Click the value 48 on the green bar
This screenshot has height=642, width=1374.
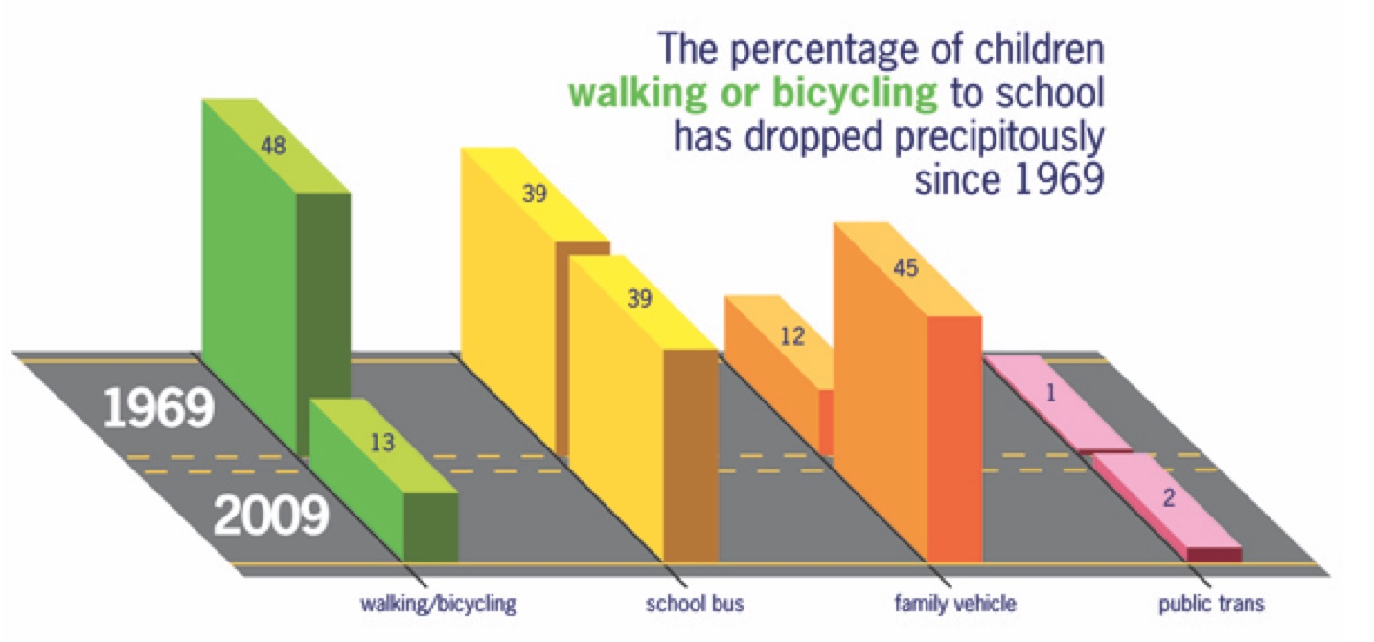[273, 147]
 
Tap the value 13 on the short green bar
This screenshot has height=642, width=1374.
[381, 443]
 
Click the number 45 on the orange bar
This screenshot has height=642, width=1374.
[905, 268]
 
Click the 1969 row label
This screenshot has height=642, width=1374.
[157, 410]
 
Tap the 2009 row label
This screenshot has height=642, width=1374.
[270, 516]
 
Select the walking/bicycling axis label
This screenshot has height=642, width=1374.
[439, 605]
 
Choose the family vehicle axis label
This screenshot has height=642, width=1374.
[954, 605]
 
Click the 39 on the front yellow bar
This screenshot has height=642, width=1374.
[639, 298]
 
